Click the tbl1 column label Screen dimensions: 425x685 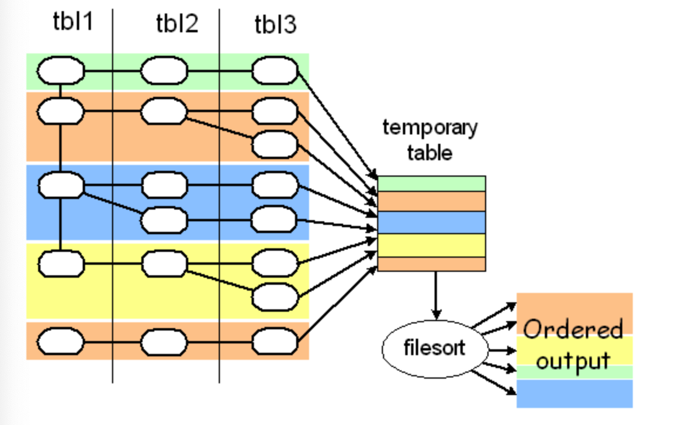click(x=72, y=23)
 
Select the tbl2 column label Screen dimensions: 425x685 click(x=177, y=24)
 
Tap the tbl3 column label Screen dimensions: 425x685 click(x=275, y=25)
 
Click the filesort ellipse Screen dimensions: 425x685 click(x=435, y=348)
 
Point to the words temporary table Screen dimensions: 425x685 click(x=430, y=140)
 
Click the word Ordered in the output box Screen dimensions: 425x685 click(x=572, y=329)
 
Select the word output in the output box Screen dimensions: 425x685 click(x=572, y=360)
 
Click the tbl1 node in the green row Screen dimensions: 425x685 click(x=60, y=72)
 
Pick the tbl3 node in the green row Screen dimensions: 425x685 click(x=274, y=72)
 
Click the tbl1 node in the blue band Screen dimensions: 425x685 click(x=60, y=186)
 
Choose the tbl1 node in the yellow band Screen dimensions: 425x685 click(x=60, y=264)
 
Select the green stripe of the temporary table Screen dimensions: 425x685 click(x=431, y=183)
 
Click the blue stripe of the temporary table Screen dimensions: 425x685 click(x=431, y=222)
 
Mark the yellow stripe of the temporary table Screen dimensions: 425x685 click(x=431, y=245)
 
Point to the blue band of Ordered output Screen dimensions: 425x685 click(x=574, y=393)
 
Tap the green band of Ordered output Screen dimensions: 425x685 click(x=574, y=372)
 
